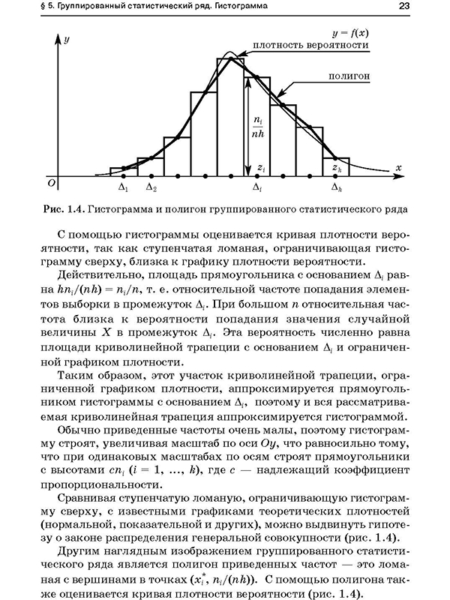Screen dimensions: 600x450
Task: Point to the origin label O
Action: tap(51, 182)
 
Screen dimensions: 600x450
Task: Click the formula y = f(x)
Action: tap(350, 33)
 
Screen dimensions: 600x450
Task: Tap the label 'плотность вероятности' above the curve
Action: tap(310, 45)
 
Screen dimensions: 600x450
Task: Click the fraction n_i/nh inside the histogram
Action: tap(259, 126)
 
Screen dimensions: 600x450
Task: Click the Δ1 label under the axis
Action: tap(124, 189)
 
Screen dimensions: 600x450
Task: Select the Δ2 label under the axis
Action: tap(151, 189)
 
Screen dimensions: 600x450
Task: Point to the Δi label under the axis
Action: tap(257, 189)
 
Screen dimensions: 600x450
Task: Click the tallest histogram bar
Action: tap(230, 120)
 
